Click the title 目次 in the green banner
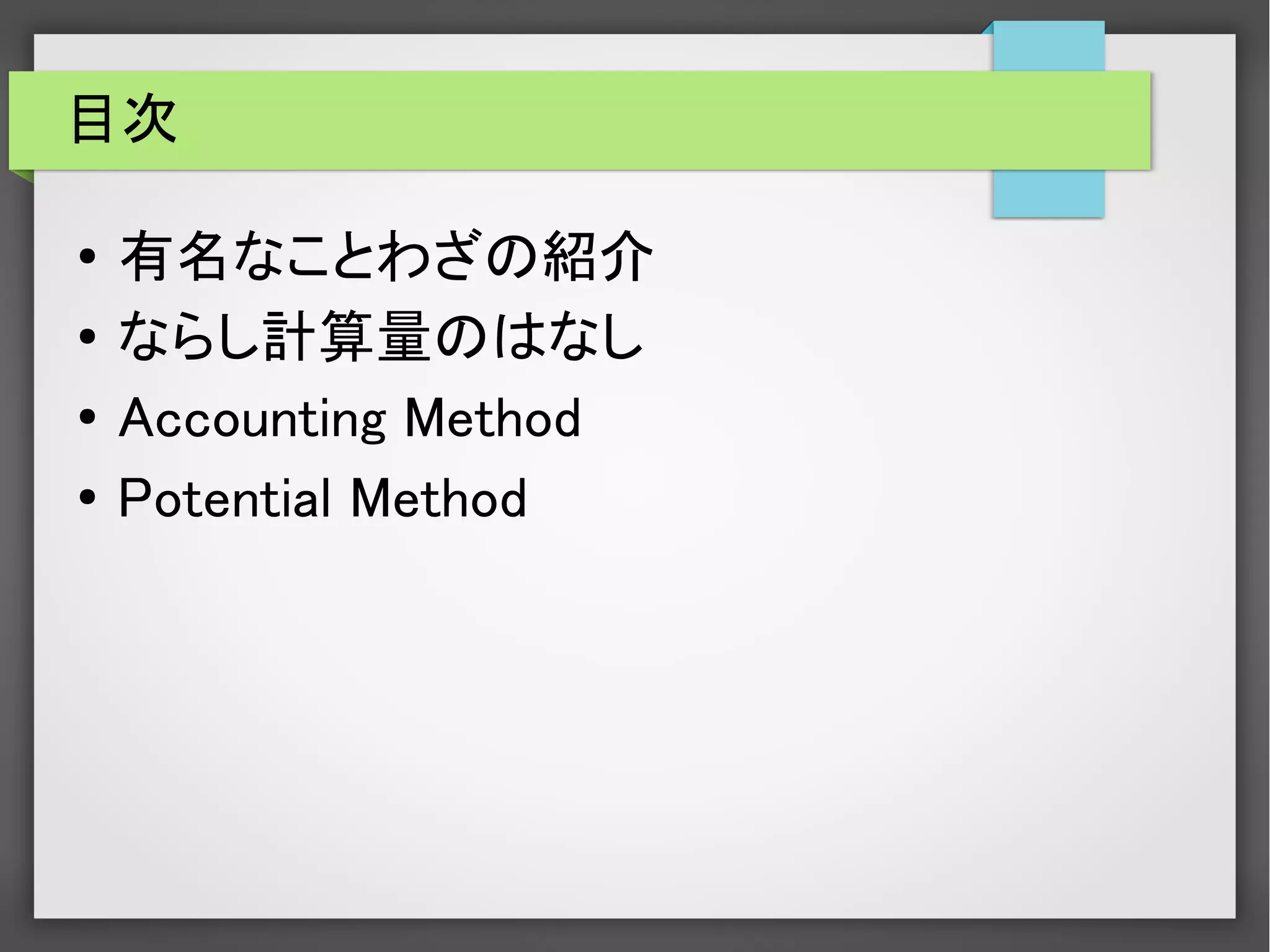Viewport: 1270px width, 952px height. tap(124, 119)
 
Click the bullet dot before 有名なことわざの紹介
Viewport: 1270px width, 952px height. tap(87, 256)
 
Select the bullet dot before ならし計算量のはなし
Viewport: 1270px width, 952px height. tap(87, 337)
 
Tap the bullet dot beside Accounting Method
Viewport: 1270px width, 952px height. tap(87, 417)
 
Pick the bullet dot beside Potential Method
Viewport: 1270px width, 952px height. tap(87, 497)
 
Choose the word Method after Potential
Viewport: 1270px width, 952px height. tap(438, 498)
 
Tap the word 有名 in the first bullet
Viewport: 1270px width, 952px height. tap(174, 256)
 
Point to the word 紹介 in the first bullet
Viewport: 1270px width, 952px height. tap(598, 256)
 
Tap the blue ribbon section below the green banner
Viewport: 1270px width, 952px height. tap(1048, 193)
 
